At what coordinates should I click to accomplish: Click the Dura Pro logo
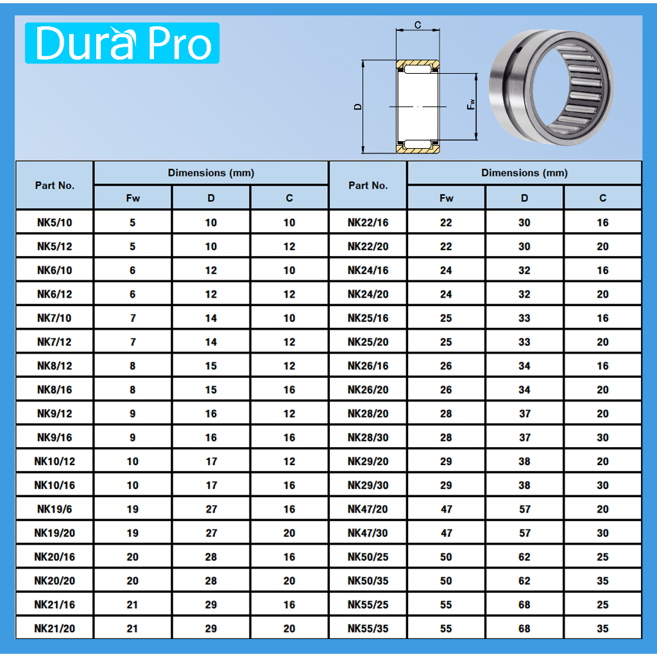coord(122,43)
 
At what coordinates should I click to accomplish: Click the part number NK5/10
coord(55,223)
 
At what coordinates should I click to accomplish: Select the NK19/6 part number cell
coord(55,509)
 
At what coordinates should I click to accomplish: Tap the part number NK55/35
coord(368,629)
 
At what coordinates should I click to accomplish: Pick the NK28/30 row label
coord(368,438)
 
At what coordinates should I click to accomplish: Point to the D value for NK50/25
coord(524,557)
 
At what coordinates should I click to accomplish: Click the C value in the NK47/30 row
coord(602,533)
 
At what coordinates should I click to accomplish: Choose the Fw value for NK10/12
coord(132,461)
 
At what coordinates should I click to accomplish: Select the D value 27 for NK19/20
coord(211,533)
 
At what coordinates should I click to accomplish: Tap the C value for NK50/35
coord(602,581)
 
